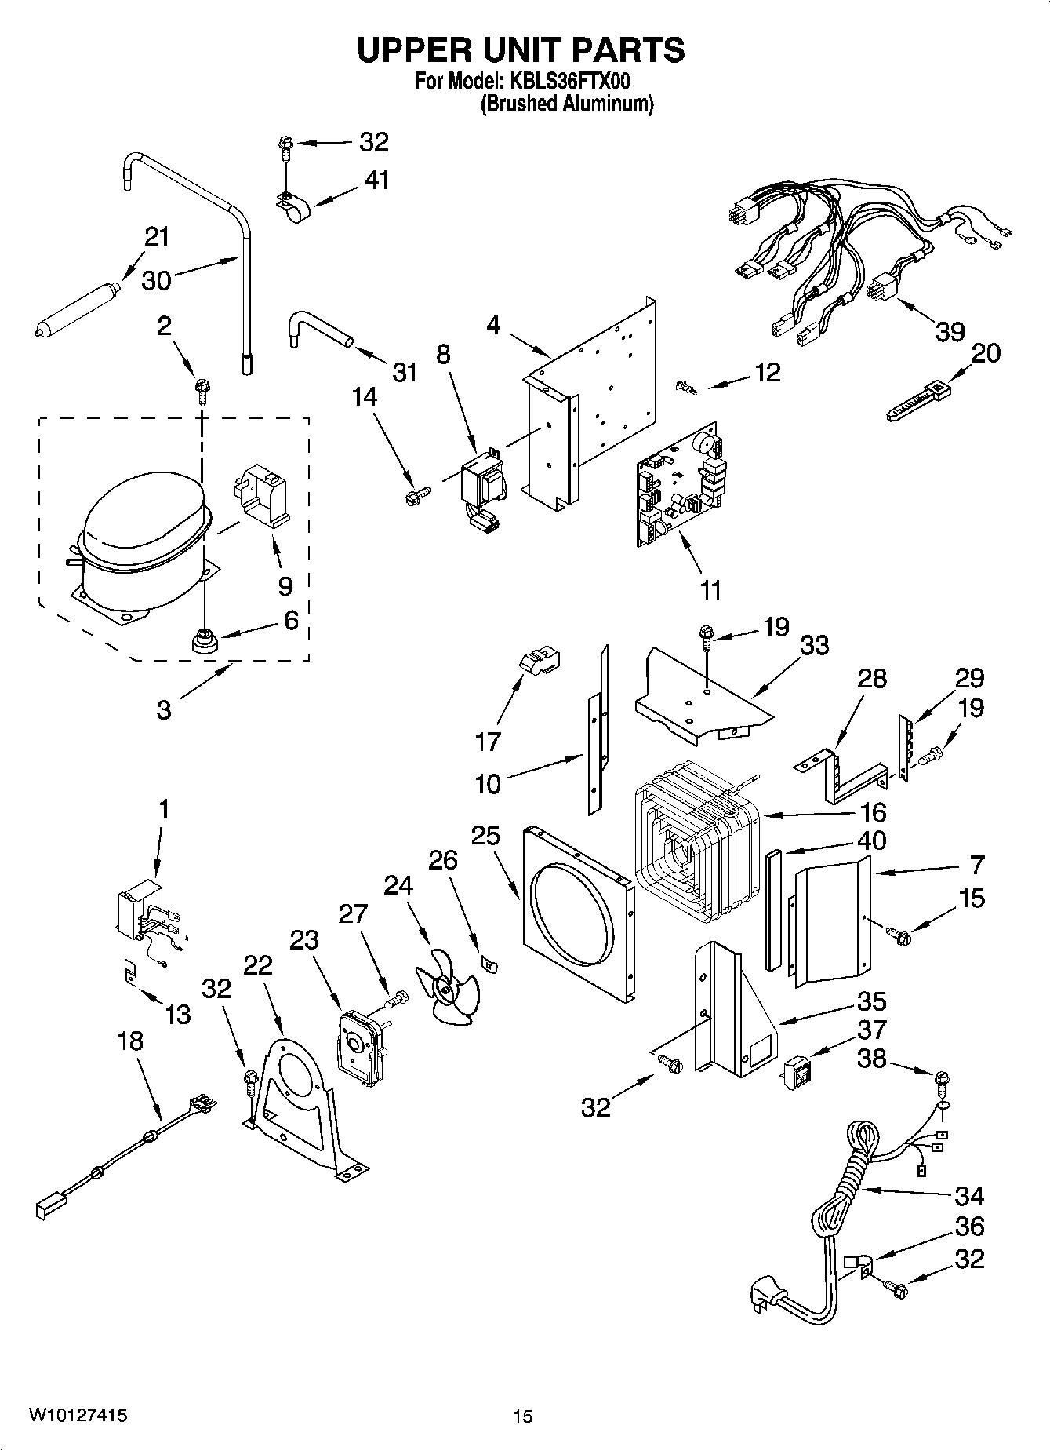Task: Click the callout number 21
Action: tap(157, 236)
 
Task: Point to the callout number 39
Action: tap(950, 332)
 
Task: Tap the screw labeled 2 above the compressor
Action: tap(202, 388)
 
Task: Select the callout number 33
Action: tap(815, 645)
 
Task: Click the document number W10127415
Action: tap(78, 1416)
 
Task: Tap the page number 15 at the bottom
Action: tap(523, 1416)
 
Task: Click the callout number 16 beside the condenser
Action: tap(872, 811)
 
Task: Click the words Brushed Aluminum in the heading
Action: tap(566, 104)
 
